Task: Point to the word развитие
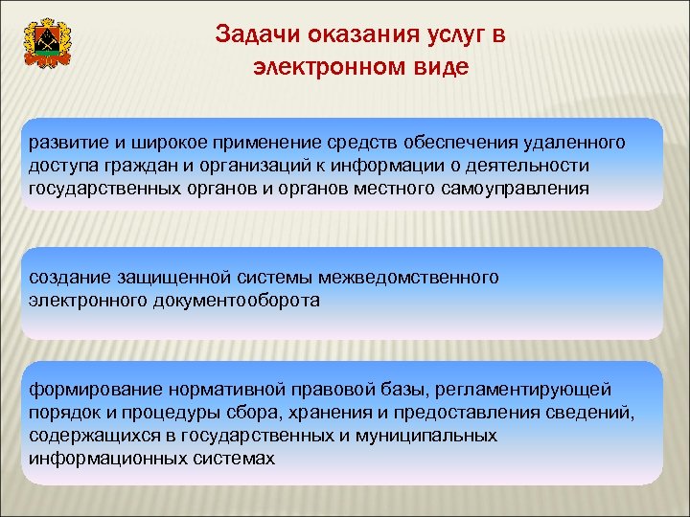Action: [64, 143]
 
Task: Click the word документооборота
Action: [237, 300]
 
